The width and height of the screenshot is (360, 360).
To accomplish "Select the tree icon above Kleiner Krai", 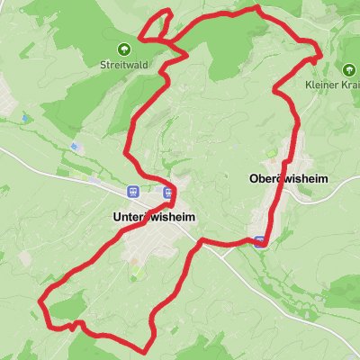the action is click(x=347, y=68).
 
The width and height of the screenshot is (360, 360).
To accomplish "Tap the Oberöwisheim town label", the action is click(x=289, y=179).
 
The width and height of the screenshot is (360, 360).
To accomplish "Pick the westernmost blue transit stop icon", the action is click(x=132, y=191).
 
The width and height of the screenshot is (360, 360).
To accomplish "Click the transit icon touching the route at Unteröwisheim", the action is click(x=167, y=191).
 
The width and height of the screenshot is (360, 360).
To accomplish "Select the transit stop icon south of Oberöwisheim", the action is click(x=259, y=241).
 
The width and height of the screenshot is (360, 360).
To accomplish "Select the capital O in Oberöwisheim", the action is click(x=253, y=179).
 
